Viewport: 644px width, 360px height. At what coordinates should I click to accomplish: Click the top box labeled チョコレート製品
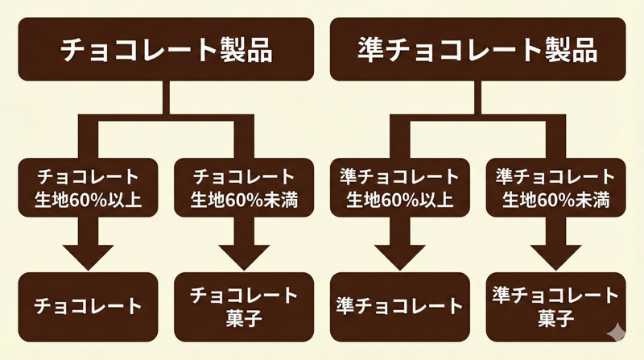pyautogui.click(x=167, y=50)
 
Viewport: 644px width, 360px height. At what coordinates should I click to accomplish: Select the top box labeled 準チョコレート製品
pyautogui.click(x=477, y=50)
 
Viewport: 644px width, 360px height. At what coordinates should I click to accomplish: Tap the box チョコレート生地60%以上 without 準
pyautogui.click(x=89, y=188)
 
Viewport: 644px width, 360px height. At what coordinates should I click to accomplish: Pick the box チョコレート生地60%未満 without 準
pyautogui.click(x=244, y=188)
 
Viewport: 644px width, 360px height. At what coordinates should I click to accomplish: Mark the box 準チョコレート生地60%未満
pyautogui.click(x=555, y=188)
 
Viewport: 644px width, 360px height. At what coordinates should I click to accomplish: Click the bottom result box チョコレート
pyautogui.click(x=89, y=306)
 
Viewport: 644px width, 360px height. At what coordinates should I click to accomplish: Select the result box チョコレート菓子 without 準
pyautogui.click(x=244, y=306)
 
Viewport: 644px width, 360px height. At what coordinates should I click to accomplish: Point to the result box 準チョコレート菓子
pyautogui.click(x=555, y=306)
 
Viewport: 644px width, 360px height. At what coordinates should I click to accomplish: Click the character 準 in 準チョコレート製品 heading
pyautogui.click(x=372, y=50)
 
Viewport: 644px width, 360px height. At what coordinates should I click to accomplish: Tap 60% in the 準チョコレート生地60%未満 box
pyautogui.click(x=555, y=199)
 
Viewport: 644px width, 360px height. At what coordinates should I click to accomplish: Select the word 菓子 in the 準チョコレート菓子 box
pyautogui.click(x=555, y=319)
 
